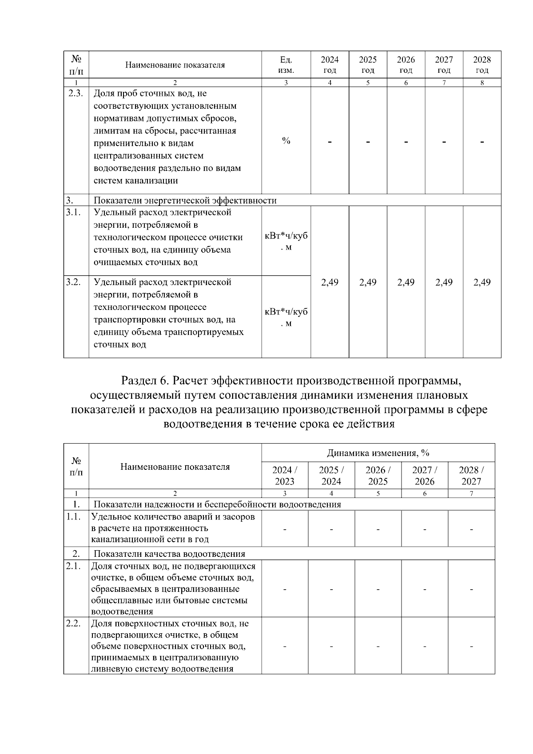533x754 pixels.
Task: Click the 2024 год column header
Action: coord(330,65)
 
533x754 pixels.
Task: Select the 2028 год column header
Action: coord(482,65)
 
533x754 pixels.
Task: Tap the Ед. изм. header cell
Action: coord(286,65)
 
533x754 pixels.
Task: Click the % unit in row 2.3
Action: coord(286,141)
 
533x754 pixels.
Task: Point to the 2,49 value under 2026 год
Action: coord(406,282)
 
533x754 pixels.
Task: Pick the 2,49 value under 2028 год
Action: coord(482,282)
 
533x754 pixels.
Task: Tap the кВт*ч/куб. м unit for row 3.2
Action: coord(286,317)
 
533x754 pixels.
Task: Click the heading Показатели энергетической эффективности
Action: coord(185,200)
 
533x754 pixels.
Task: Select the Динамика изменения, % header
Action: coord(378,453)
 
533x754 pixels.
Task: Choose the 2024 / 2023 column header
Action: coord(285,476)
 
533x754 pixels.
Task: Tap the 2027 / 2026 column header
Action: coord(425,476)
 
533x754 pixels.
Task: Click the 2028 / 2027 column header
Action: coord(471,476)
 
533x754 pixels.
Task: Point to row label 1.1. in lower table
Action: coord(73,517)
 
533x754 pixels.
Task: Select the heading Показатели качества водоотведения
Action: coord(169,554)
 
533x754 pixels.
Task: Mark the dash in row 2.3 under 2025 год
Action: coord(368,142)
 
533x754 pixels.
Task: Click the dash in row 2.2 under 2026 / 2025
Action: coord(378,646)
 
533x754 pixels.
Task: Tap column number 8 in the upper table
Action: coord(482,83)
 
